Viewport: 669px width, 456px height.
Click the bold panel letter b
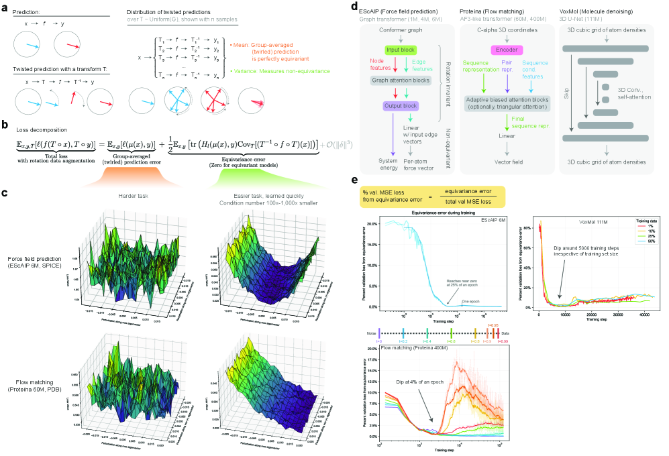(5, 124)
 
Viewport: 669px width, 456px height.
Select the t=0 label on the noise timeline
(380, 341)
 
